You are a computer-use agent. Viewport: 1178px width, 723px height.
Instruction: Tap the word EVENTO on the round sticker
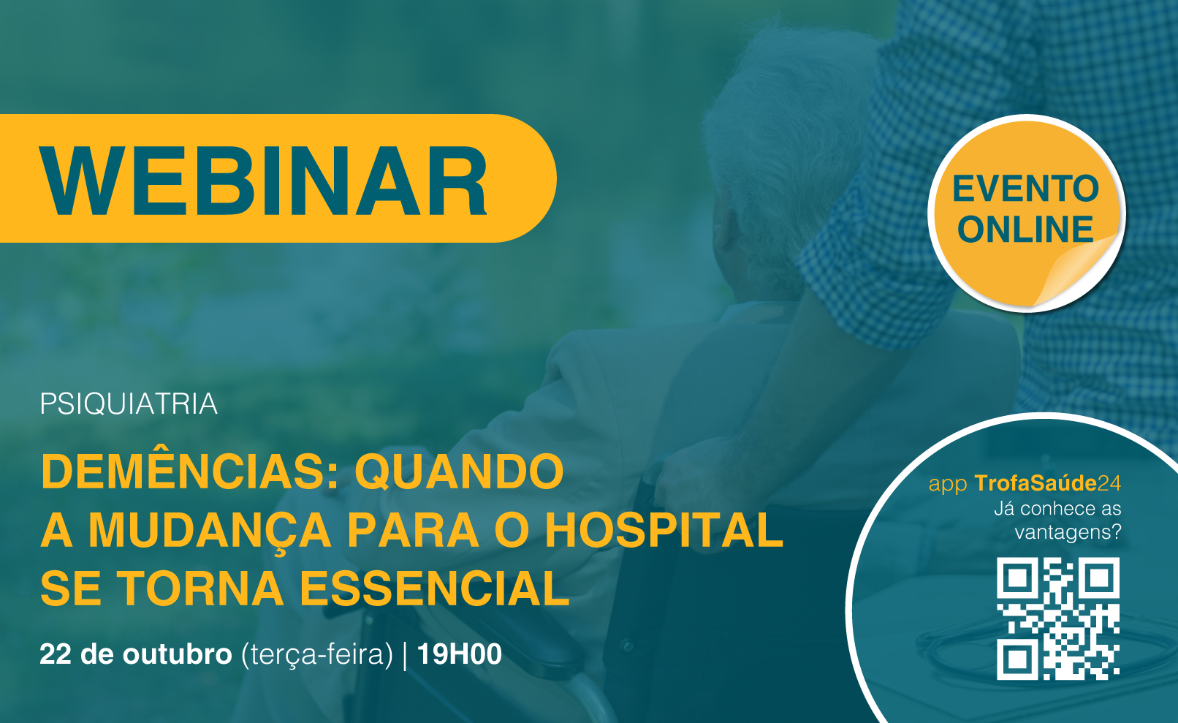point(1025,189)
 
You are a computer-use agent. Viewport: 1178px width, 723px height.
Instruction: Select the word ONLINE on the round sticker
point(1025,230)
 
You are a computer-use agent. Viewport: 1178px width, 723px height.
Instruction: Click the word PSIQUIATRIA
point(129,404)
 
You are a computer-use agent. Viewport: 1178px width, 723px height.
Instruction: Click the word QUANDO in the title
point(460,472)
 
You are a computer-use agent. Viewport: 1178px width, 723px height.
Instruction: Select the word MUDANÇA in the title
point(210,531)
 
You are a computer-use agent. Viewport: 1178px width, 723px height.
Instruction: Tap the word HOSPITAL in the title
point(664,530)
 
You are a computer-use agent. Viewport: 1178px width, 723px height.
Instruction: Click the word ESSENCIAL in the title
point(435,588)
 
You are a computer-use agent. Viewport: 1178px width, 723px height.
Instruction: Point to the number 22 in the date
point(56,654)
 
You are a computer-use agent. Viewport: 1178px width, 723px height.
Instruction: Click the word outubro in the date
point(178,654)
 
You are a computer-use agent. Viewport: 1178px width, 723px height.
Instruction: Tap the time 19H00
point(460,654)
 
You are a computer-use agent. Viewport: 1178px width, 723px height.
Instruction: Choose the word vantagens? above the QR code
point(1068,532)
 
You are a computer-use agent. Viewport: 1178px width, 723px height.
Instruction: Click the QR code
point(1058,618)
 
